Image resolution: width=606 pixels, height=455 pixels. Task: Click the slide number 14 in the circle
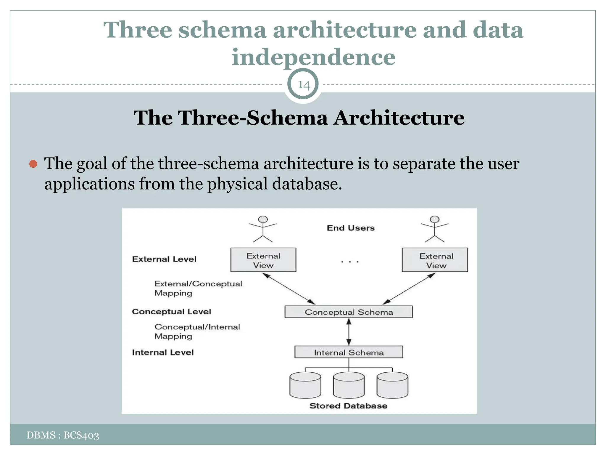pos(303,85)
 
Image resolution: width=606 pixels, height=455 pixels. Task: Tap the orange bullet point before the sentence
pos(33,164)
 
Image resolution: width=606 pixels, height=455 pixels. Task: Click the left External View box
pos(263,260)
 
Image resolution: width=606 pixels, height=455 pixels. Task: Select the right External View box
pos(435,260)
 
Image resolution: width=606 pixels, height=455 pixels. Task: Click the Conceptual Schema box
pos(349,312)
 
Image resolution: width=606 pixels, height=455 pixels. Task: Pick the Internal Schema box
pos(349,352)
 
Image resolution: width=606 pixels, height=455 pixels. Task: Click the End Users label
pos(351,228)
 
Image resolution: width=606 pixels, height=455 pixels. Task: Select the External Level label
pos(164,259)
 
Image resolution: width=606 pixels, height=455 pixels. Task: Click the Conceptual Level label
pos(171,312)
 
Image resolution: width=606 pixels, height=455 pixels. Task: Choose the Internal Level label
pos(163,352)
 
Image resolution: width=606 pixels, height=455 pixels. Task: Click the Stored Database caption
pos(348,406)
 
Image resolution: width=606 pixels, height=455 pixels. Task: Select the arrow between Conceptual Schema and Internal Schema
pos(349,332)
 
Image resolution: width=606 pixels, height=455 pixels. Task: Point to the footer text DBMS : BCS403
pos(63,435)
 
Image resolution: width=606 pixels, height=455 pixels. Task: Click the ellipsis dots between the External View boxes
pos(349,262)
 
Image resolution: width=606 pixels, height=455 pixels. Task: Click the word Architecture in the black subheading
pos(399,118)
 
